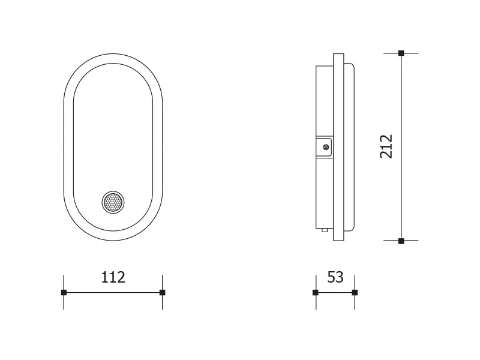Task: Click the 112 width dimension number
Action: click(113, 277)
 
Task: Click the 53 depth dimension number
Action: click(335, 277)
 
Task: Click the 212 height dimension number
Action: click(386, 146)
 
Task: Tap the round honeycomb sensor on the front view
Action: click(113, 202)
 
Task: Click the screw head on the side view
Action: click(326, 148)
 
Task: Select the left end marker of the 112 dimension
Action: click(64, 292)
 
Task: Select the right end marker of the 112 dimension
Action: click(163, 292)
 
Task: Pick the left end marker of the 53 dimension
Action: click(316, 292)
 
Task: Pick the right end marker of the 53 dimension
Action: click(355, 292)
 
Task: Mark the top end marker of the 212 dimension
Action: click(401, 53)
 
